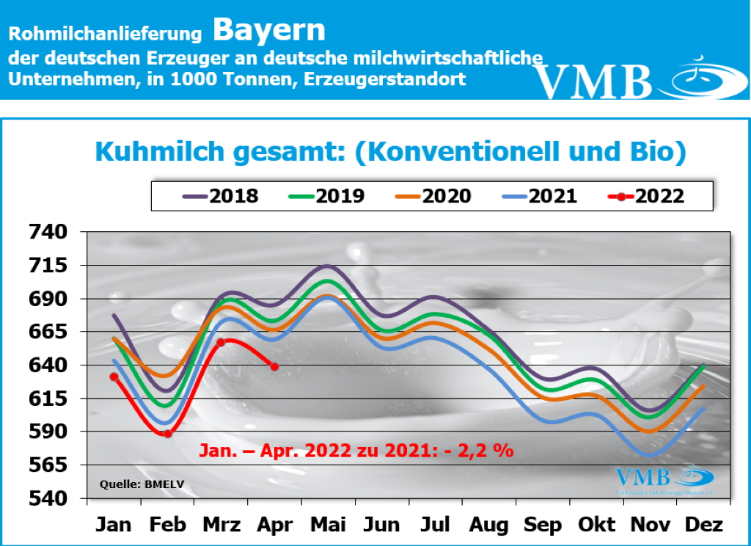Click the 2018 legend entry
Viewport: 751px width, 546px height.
pos(219,196)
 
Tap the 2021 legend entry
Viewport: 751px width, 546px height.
pos(540,196)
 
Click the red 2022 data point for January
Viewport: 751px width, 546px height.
pos(114,376)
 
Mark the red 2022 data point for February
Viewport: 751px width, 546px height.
pos(167,434)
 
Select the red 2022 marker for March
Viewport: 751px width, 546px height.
pos(221,342)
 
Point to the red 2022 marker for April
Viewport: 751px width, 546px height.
pos(274,366)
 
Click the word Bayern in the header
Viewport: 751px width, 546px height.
pos(269,30)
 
